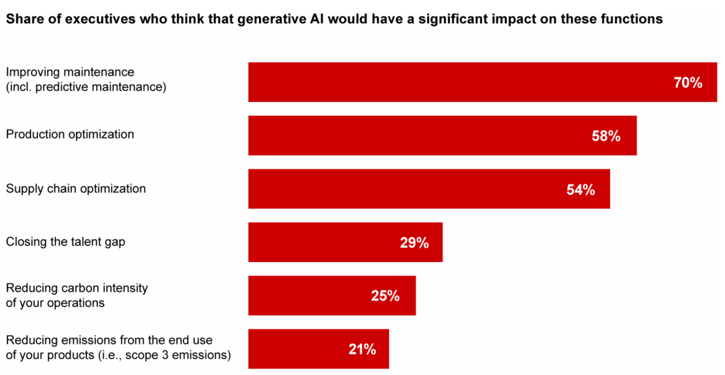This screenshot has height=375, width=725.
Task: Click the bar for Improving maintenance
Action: click(x=482, y=82)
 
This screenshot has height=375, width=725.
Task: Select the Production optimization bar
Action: click(x=442, y=135)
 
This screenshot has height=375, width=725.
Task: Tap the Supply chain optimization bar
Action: click(x=429, y=189)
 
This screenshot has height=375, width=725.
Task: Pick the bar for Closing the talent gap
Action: click(x=345, y=242)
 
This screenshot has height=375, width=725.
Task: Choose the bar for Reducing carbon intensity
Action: click(x=332, y=295)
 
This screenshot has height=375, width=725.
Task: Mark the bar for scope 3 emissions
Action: click(x=318, y=349)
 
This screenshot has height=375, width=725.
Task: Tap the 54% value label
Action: click(x=580, y=190)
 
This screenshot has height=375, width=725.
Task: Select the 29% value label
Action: click(x=414, y=243)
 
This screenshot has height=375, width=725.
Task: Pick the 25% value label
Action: click(x=385, y=296)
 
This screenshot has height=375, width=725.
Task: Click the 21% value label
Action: click(x=362, y=349)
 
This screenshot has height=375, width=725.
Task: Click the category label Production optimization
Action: click(x=70, y=134)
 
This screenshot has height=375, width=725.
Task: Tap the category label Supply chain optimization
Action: click(x=76, y=189)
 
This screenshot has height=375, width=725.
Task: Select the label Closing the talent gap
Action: click(x=65, y=242)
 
